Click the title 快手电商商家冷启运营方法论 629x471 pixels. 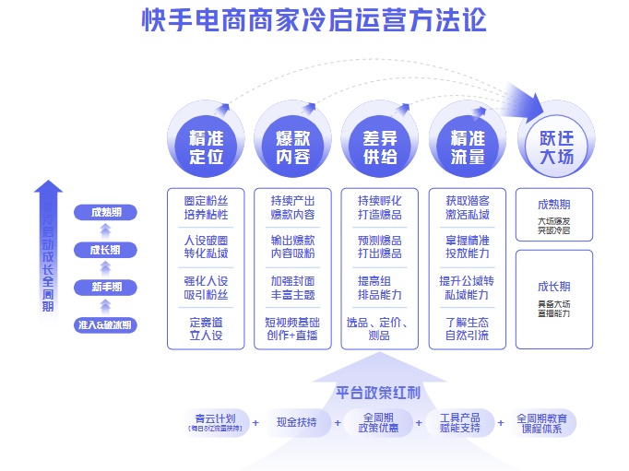[x=314, y=20]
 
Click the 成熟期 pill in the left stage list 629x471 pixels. [x=105, y=213]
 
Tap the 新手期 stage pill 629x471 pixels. [x=105, y=288]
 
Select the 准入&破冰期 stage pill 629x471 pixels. [x=105, y=324]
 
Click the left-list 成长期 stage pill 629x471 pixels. [x=105, y=251]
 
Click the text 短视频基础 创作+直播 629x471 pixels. [x=292, y=329]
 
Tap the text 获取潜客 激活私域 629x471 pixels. [x=467, y=207]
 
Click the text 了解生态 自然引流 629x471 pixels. [x=467, y=329]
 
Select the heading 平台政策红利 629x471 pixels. [x=378, y=393]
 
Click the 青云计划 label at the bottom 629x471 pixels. [x=216, y=420]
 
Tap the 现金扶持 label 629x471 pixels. [x=296, y=422]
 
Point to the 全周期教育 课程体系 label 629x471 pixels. [x=547, y=423]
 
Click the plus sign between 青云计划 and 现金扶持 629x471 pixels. [x=255, y=423]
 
